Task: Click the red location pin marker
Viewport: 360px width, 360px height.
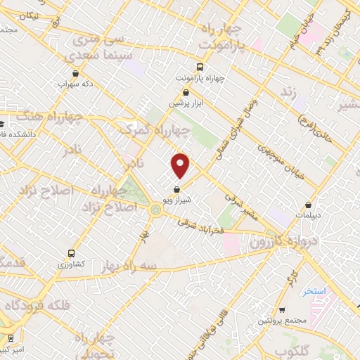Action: (x=181, y=166)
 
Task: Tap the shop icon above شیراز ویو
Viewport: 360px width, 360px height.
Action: (x=176, y=189)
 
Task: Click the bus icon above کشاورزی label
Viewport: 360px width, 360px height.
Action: (x=70, y=253)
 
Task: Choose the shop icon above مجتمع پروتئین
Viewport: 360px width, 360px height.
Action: (x=281, y=310)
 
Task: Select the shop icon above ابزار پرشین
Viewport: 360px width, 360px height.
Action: (x=186, y=92)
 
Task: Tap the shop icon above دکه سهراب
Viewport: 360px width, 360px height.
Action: (x=75, y=72)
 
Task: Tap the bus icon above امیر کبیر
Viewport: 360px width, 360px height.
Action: (x=10, y=338)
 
